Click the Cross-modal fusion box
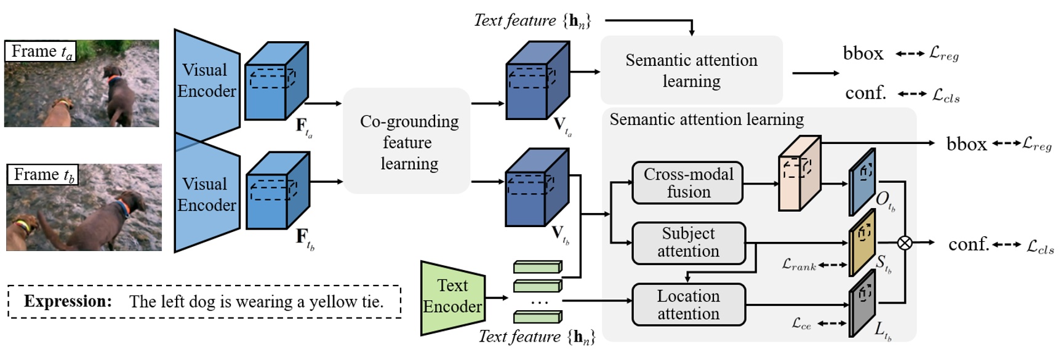coord(687,183)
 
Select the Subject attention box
coord(688,242)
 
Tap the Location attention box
coord(688,305)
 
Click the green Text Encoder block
coord(452,297)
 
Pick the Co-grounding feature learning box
coord(407,142)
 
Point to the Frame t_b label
coord(42,175)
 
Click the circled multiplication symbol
coord(904,243)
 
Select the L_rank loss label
coord(799,265)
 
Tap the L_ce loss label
coord(801,324)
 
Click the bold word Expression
coord(68,302)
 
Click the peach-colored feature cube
coord(799,174)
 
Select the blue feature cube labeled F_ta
coord(275,82)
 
